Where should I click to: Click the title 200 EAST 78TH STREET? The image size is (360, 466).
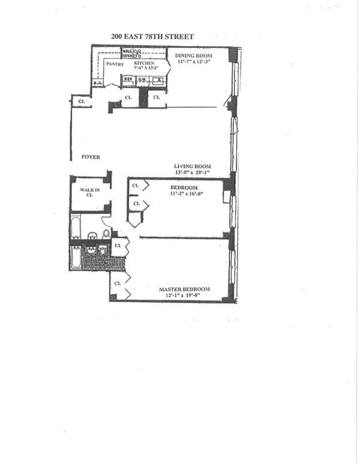[152, 37]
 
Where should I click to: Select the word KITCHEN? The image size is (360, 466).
[144, 63]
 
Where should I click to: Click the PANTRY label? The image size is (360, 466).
[114, 64]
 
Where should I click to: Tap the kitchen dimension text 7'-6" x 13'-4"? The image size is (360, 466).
[144, 68]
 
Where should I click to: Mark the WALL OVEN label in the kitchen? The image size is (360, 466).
[127, 54]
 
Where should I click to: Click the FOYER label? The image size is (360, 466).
[91, 157]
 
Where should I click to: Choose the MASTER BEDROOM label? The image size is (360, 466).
[184, 290]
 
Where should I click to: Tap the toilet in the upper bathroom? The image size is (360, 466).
[105, 233]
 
